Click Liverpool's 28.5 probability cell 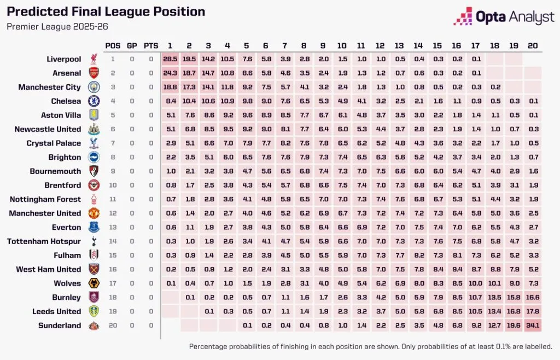tap(170, 59)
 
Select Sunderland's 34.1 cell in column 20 tap(532, 326)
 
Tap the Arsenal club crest tap(92, 73)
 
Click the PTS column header tap(150, 45)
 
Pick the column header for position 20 tap(532, 45)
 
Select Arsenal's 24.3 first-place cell tap(170, 73)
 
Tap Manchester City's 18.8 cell tap(170, 87)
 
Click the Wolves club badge tap(92, 283)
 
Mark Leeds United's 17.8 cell tap(532, 311)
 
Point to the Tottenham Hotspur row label tap(44, 241)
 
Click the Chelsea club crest tap(92, 101)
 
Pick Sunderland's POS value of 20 tap(113, 326)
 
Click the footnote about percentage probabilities tap(370, 346)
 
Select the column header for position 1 tap(170, 45)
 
